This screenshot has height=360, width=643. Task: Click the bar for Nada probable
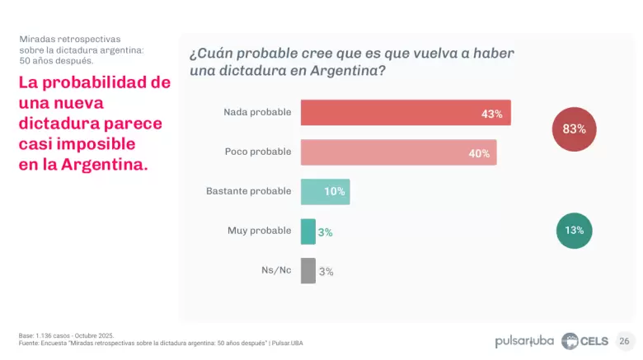tap(406, 113)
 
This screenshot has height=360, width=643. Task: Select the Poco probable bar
tap(398, 152)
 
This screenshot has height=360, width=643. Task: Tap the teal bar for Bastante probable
tap(325, 192)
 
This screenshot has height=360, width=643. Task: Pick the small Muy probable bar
tap(307, 231)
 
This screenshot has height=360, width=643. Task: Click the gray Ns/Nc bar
tap(307, 271)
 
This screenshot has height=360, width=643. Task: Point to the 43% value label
tap(492, 114)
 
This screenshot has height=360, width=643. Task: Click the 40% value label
tap(479, 153)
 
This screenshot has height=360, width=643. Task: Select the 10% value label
tap(334, 192)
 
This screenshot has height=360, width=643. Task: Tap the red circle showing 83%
tap(574, 129)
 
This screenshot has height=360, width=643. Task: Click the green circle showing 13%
tap(574, 231)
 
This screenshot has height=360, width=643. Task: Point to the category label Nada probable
tap(257, 112)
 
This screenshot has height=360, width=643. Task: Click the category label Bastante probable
tap(248, 191)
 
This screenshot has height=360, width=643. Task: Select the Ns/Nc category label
tap(275, 270)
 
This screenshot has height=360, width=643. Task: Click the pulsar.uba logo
tap(524, 340)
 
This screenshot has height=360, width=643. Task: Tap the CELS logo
tap(584, 340)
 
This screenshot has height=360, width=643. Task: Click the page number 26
tap(624, 340)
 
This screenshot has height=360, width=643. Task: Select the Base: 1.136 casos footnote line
tap(66, 335)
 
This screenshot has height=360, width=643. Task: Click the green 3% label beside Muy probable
tap(326, 232)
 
